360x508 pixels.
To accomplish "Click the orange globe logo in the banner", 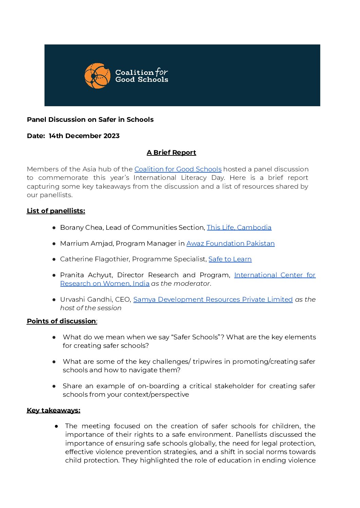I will pyautogui.click(x=97, y=76).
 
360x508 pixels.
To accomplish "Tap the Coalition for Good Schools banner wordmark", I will pyautogui.click(x=142, y=76).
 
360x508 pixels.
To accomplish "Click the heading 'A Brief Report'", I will pyautogui.click(x=171, y=152).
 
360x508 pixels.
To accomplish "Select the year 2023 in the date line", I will pyautogui.click(x=111, y=136).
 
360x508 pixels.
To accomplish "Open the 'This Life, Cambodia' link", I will pyautogui.click(x=239, y=227).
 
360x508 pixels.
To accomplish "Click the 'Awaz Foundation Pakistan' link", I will pyautogui.click(x=230, y=243).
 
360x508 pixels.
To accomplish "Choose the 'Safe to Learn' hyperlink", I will pyautogui.click(x=230, y=259).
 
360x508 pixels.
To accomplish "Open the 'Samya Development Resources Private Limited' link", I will pyautogui.click(x=213, y=299).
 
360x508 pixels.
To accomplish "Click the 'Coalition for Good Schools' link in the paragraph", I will pyautogui.click(x=178, y=169).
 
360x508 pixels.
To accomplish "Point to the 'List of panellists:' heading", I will pyautogui.click(x=56, y=211).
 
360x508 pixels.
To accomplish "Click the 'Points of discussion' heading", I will pyautogui.click(x=61, y=321).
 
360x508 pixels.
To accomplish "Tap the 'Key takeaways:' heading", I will pyautogui.click(x=54, y=410).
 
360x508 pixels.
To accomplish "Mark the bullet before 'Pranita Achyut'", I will pyautogui.click(x=54, y=275).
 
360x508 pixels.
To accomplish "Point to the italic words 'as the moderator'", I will pyautogui.click(x=180, y=283).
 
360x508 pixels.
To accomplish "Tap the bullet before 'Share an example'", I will pyautogui.click(x=54, y=386).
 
